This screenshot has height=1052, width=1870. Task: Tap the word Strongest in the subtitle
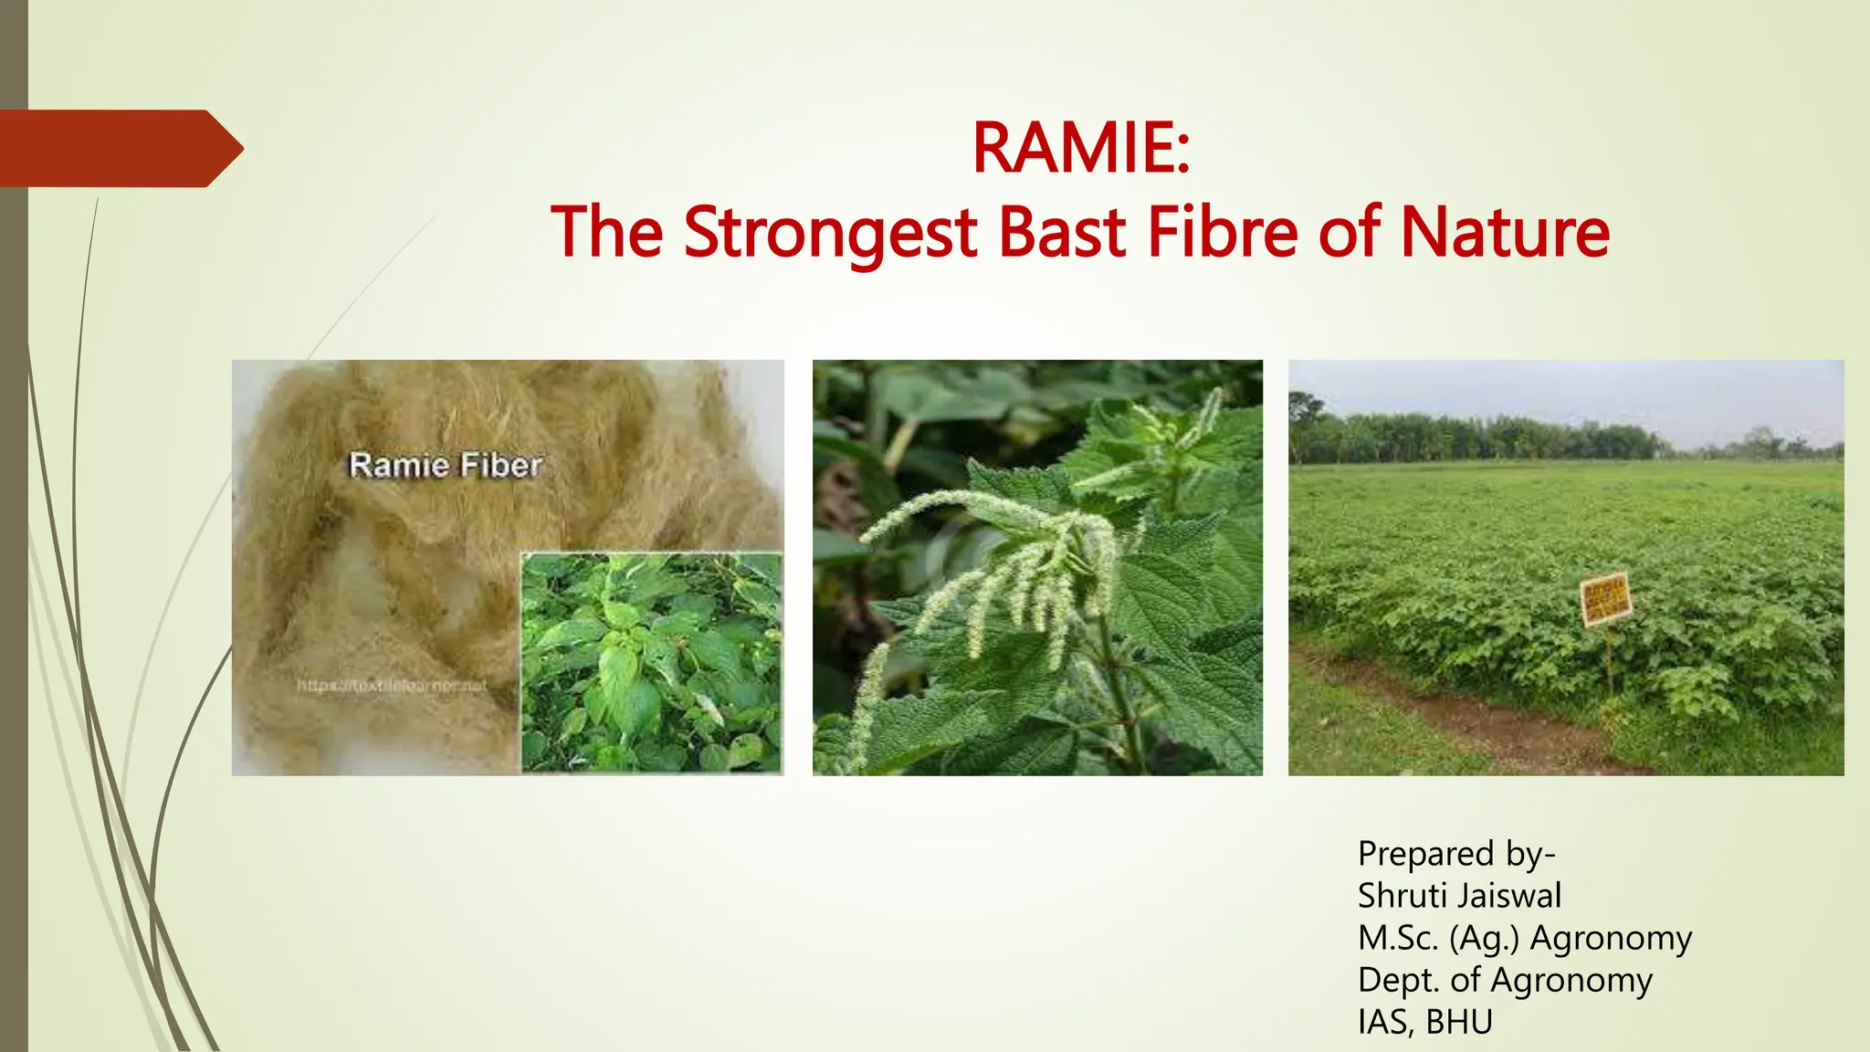coord(830,233)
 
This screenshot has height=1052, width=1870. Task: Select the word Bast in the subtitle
coord(1063,233)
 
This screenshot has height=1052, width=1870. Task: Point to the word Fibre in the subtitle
coord(1223,233)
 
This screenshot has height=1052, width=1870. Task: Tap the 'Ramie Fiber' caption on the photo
coord(446,466)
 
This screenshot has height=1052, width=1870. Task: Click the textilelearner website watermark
coord(392,686)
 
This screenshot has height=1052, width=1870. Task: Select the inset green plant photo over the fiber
coord(651,662)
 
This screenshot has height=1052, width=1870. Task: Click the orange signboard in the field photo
coord(1604,599)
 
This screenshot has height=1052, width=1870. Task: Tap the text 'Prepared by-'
coord(1456,854)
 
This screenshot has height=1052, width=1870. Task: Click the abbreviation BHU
coord(1458,1022)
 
